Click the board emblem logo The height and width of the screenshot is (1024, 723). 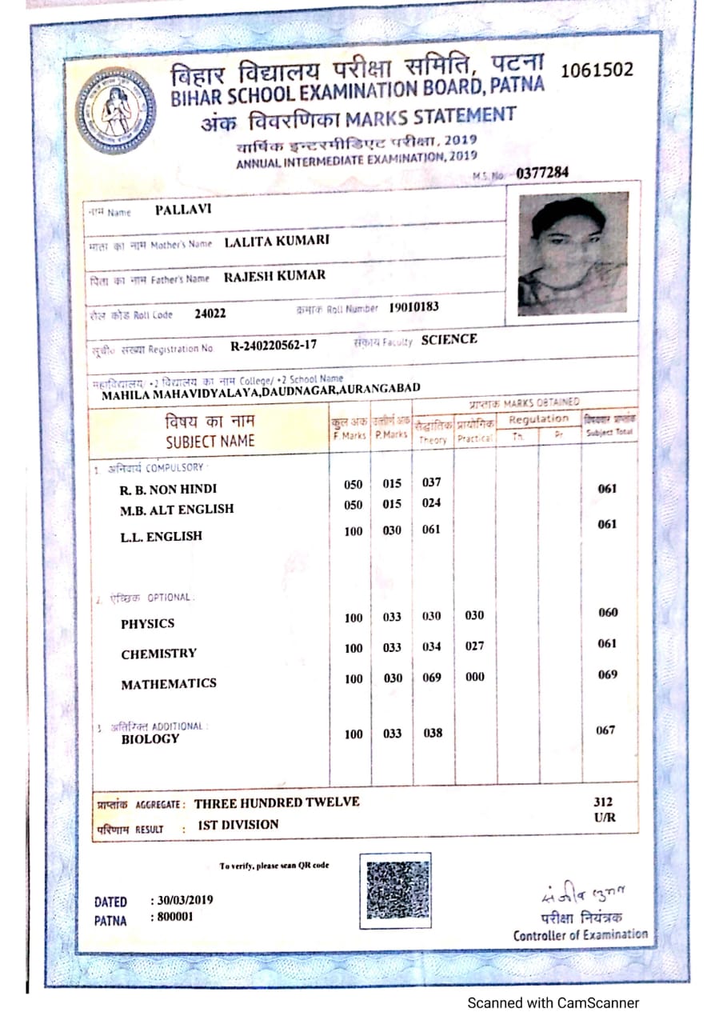click(117, 110)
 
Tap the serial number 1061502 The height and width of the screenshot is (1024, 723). click(597, 70)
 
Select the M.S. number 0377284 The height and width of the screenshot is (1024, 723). click(544, 173)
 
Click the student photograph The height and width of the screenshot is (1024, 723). click(573, 255)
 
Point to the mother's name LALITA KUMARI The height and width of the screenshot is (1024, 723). click(277, 241)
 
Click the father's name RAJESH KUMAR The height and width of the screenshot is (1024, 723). click(274, 276)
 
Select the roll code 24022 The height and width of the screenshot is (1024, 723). click(210, 314)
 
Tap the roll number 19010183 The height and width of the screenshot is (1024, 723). click(413, 306)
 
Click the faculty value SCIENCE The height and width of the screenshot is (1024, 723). click(449, 339)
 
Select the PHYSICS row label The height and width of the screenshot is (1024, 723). click(148, 623)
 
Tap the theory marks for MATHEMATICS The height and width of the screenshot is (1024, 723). click(432, 678)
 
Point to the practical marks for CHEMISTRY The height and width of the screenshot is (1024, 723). click(474, 646)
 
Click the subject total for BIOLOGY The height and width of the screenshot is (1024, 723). click(607, 730)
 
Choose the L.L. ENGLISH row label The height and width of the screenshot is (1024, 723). click(162, 536)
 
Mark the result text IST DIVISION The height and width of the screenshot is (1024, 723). click(238, 824)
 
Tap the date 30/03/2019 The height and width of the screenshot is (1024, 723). click(182, 900)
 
